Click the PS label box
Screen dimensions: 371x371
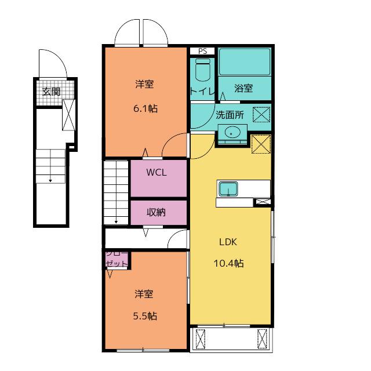[x=202, y=51]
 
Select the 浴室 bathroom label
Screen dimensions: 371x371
[x=243, y=88]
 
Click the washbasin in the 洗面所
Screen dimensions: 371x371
[x=231, y=132]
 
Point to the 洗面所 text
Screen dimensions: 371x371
[x=230, y=115]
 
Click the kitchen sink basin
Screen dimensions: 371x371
[x=228, y=188]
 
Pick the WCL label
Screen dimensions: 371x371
[x=157, y=172]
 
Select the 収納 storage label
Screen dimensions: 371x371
[x=156, y=212]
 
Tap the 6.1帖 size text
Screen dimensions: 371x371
[x=146, y=108]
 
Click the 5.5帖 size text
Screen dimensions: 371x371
[x=145, y=316]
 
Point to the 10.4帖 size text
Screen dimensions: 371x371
[x=228, y=263]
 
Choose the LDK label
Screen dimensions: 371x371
[x=228, y=242]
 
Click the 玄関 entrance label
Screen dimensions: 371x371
[x=52, y=92]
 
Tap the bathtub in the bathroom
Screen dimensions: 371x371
[x=245, y=62]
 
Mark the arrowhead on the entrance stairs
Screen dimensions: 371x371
[x=50, y=181]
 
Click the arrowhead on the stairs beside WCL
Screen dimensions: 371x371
[x=116, y=222]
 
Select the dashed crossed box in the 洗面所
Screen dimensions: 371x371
[x=261, y=115]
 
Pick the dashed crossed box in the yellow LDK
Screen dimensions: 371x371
[x=261, y=144]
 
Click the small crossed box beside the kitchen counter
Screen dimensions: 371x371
[x=263, y=202]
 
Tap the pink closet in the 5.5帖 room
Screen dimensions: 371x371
[x=117, y=259]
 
